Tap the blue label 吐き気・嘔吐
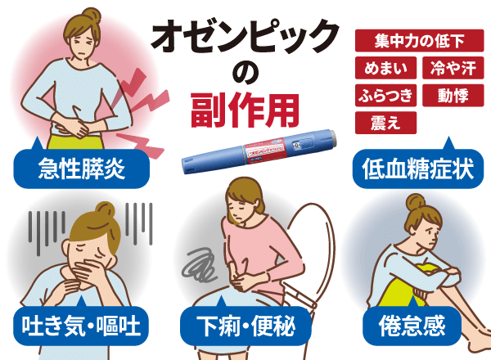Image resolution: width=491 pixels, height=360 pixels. [82, 327]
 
